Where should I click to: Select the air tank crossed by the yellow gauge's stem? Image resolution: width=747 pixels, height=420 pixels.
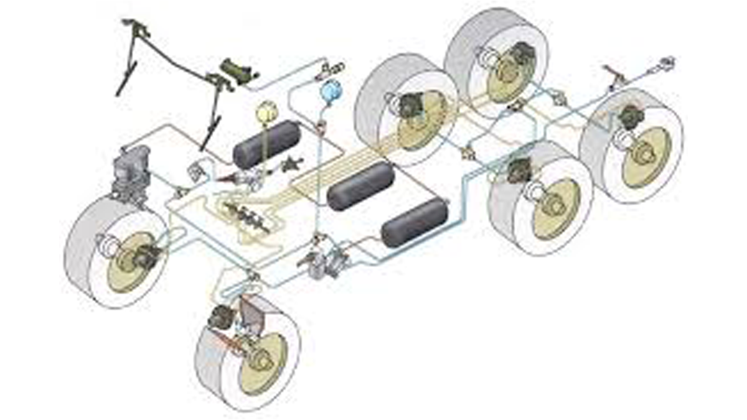[x=266, y=144]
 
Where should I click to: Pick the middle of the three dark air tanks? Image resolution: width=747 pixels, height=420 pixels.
[x=361, y=186]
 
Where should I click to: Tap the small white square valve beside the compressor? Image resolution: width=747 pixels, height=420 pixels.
[x=197, y=169]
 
